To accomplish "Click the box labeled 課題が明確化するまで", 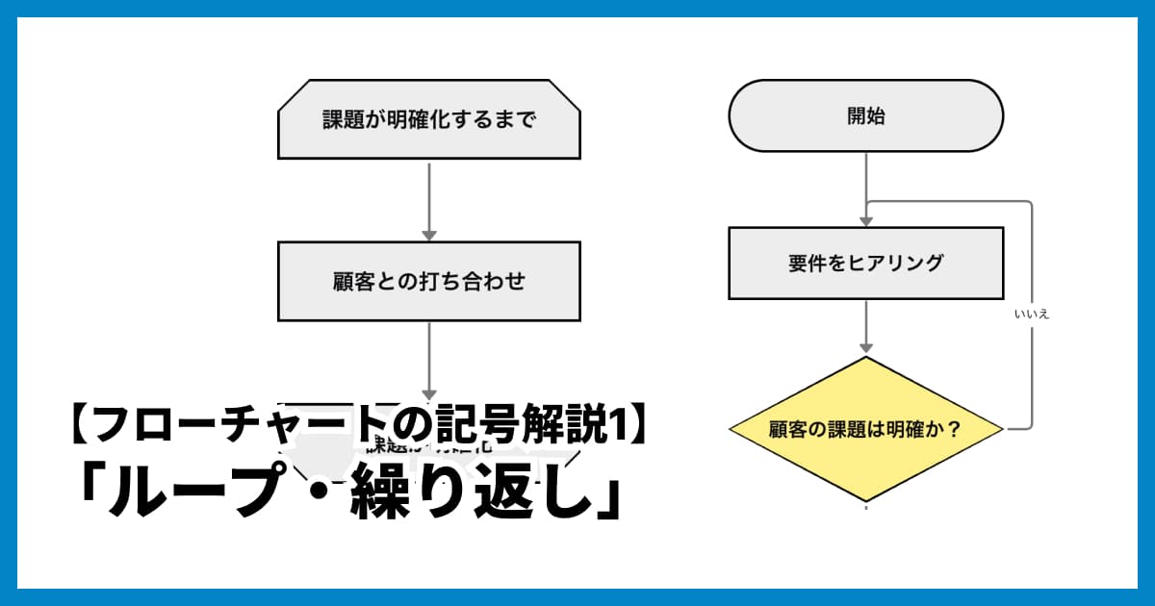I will [429, 120].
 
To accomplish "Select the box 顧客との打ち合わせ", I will [429, 281].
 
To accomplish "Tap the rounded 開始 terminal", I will [866, 116].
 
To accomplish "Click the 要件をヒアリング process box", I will [866, 263].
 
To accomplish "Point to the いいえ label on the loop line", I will [1031, 315].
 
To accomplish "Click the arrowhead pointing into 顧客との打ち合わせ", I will [429, 235].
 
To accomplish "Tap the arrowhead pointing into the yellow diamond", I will [866, 346].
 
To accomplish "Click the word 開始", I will [866, 116].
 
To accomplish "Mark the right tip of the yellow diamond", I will [1003, 428].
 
